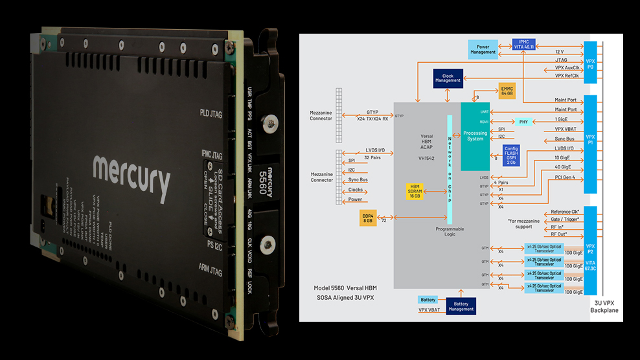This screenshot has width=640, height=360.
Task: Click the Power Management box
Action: (x=483, y=49)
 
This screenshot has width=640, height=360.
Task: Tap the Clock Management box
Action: (x=448, y=79)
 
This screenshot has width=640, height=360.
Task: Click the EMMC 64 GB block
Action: (x=507, y=92)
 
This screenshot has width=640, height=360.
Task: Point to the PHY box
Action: (x=523, y=121)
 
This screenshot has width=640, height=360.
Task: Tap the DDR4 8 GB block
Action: (x=369, y=218)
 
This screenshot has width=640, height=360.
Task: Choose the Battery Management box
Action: (x=461, y=306)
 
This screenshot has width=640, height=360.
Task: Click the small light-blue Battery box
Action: (x=428, y=300)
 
